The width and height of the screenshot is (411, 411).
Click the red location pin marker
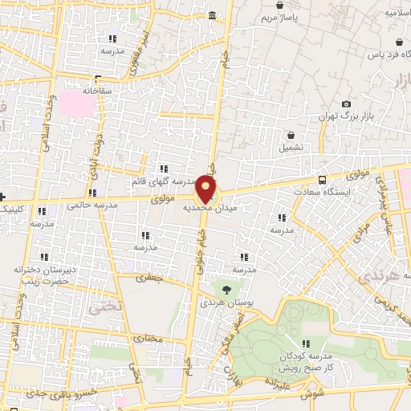click(206, 189)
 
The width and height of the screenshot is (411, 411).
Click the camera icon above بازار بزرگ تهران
click(346, 104)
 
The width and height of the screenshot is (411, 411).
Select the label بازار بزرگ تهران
click(347, 117)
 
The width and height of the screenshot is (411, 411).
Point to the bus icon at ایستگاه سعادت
click(322, 181)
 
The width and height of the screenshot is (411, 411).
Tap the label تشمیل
click(291, 149)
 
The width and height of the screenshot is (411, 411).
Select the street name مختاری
click(147, 338)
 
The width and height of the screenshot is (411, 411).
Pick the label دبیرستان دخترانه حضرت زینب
click(44, 275)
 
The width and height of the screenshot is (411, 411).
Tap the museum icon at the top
click(212, 16)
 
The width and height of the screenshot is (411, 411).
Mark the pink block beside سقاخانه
click(78, 102)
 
